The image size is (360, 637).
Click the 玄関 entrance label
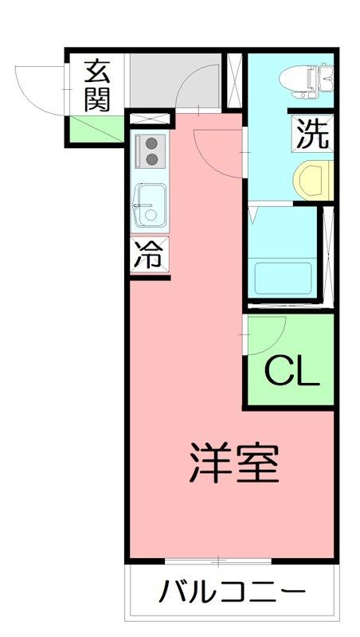click(x=96, y=84)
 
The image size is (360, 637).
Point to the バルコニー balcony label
click(x=233, y=592)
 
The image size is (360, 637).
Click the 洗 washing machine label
click(x=312, y=134)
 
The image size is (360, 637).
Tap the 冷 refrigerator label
click(x=148, y=256)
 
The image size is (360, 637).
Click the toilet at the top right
click(x=307, y=77)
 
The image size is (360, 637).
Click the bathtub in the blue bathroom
click(x=284, y=276)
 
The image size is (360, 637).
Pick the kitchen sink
click(x=149, y=204)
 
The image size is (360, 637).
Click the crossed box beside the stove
click(x=150, y=119)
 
